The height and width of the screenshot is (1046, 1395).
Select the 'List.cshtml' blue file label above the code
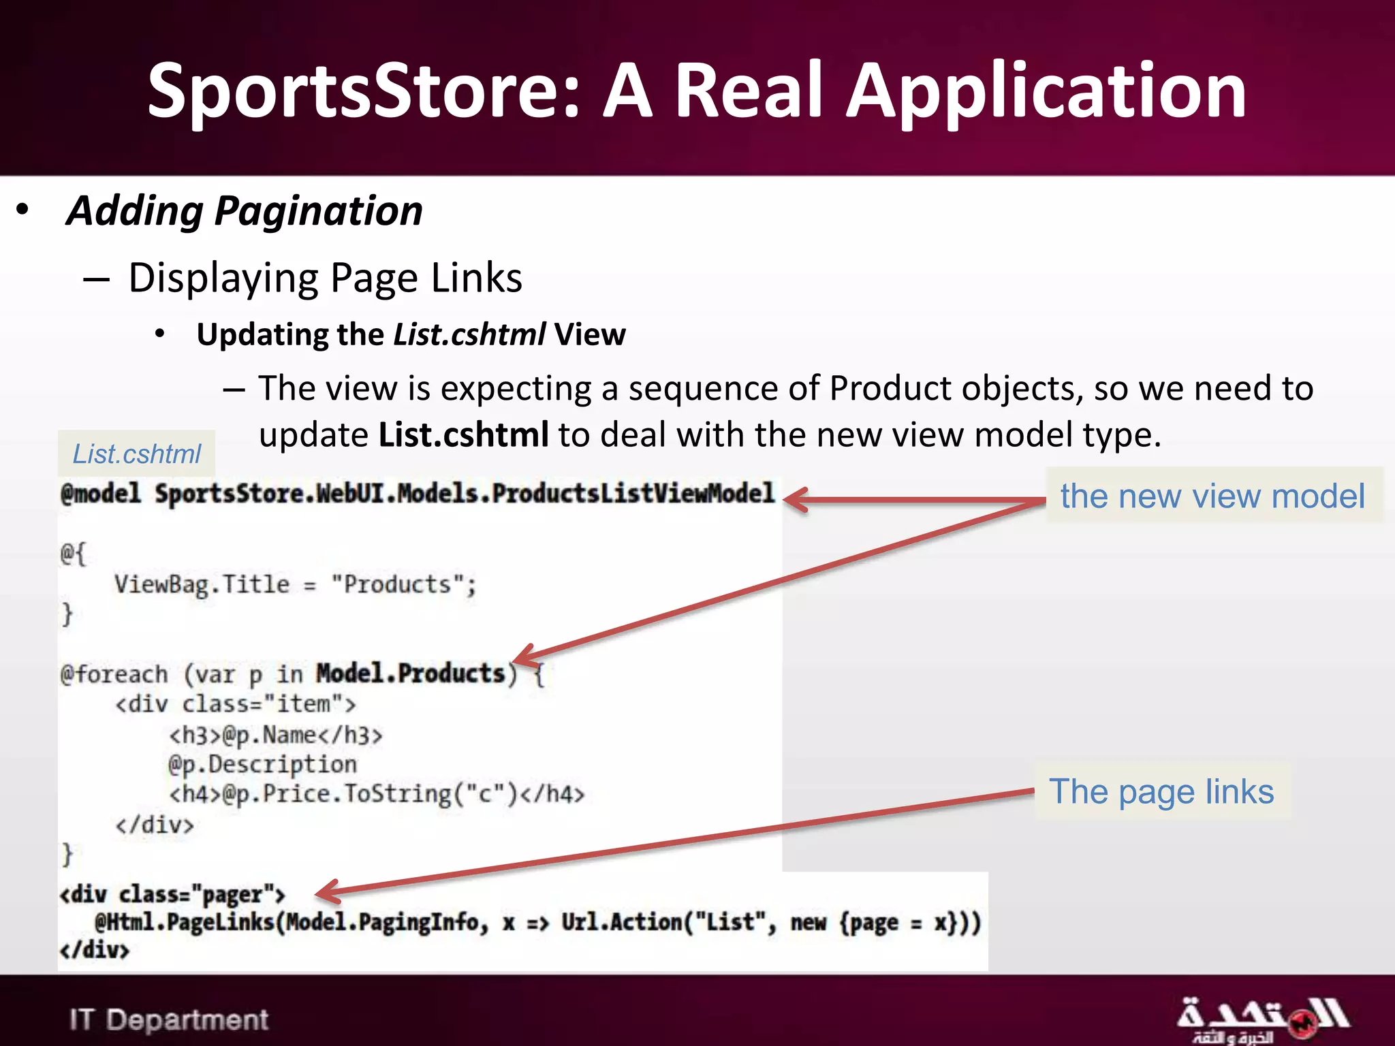tap(137, 454)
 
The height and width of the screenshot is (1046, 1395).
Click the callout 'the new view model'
tap(1212, 496)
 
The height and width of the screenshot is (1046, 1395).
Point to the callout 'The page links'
tap(1161, 792)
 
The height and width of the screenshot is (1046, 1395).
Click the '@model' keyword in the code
tap(101, 494)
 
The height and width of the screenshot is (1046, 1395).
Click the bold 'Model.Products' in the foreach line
tap(411, 674)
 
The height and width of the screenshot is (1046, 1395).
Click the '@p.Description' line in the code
tap(262, 765)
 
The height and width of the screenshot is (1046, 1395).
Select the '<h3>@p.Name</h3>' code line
tap(276, 735)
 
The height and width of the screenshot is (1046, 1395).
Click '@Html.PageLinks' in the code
tap(184, 923)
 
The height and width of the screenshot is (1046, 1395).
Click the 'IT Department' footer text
tap(169, 1020)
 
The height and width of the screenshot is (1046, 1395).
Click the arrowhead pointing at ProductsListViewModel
tap(797, 500)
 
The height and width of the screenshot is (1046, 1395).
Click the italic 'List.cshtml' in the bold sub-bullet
tap(469, 335)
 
